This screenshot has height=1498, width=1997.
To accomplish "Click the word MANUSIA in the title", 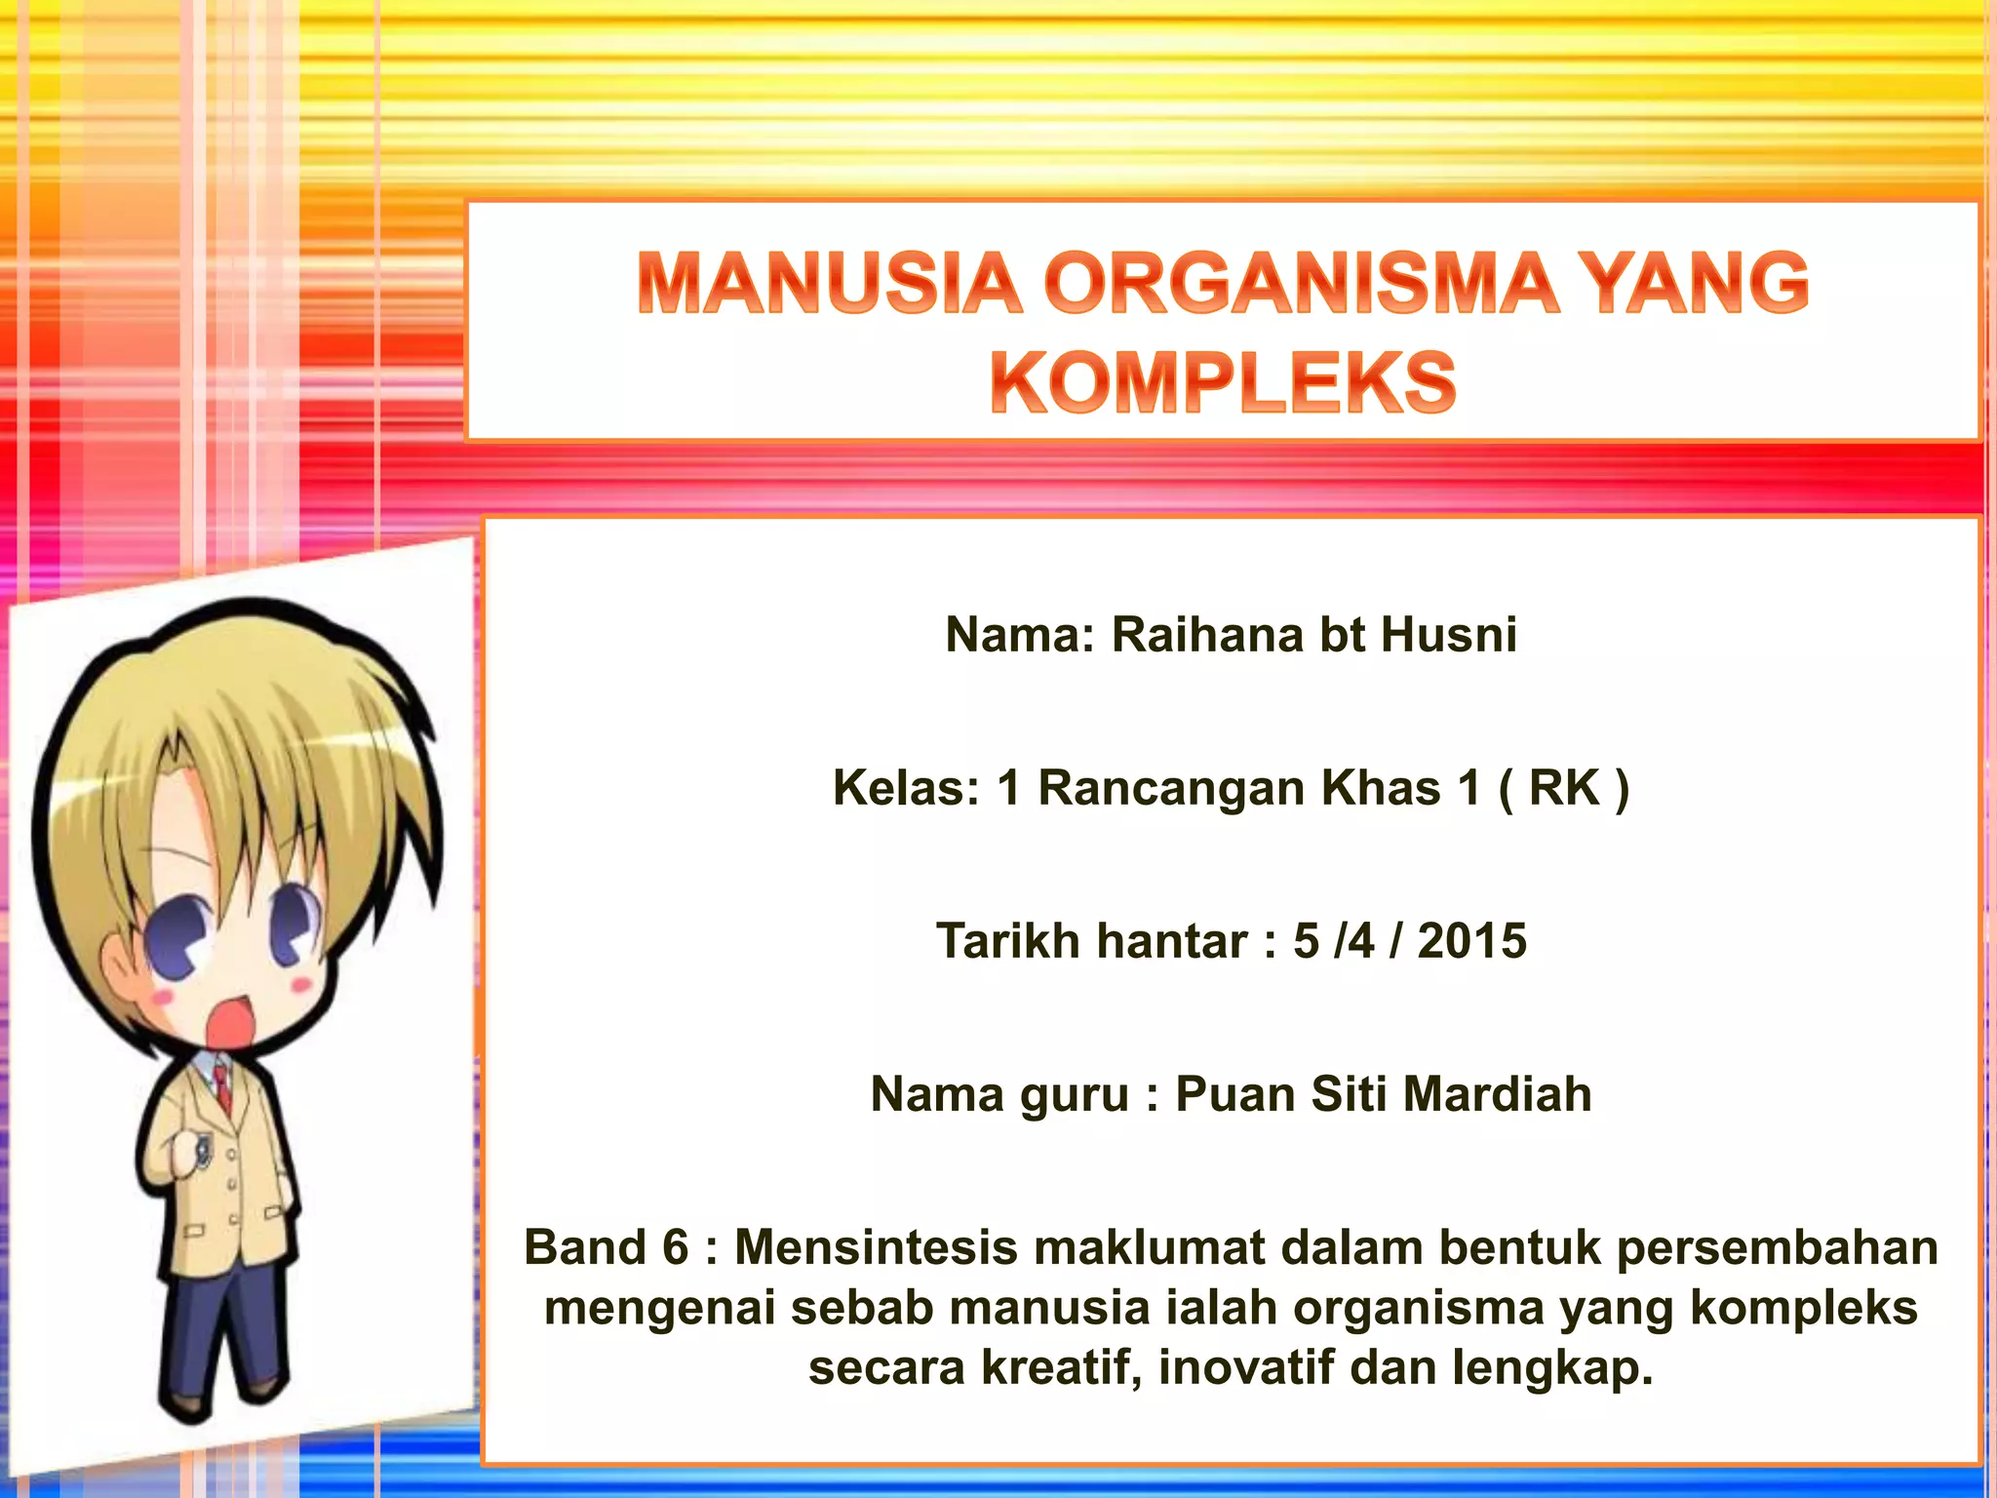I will coord(830,284).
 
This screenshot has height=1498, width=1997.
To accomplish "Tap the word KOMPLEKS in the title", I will coord(1223,383).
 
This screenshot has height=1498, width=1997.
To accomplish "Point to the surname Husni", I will coord(1449,635).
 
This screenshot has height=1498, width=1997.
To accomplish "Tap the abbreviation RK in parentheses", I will coord(1564,788).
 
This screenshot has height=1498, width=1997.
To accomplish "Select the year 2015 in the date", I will coord(1471,941).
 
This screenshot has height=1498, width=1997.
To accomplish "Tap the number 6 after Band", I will coord(675,1247).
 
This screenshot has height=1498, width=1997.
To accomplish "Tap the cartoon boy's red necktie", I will coord(223,1087).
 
